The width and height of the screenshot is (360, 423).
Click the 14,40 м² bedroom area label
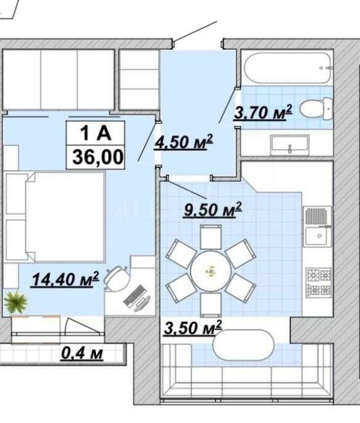65,279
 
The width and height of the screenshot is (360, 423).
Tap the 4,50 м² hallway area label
184,141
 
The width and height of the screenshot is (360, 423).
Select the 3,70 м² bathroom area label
263,112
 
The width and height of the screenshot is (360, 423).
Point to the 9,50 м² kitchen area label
213,210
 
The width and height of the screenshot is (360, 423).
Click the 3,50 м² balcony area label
193,328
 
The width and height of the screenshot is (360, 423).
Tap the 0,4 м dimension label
82,353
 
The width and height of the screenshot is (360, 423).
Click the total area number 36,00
98,157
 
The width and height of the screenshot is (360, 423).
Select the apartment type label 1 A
96,133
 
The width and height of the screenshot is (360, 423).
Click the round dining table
211,271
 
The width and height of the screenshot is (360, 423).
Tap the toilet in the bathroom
316,109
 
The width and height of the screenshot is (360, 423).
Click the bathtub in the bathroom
287,68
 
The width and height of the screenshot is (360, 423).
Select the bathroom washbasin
290,145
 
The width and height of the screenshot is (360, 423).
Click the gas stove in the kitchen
318,283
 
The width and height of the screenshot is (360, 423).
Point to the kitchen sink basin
318,235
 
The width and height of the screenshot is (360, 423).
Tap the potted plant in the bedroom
16,302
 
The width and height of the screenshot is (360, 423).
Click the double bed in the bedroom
55,217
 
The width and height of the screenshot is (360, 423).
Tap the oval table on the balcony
244,345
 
